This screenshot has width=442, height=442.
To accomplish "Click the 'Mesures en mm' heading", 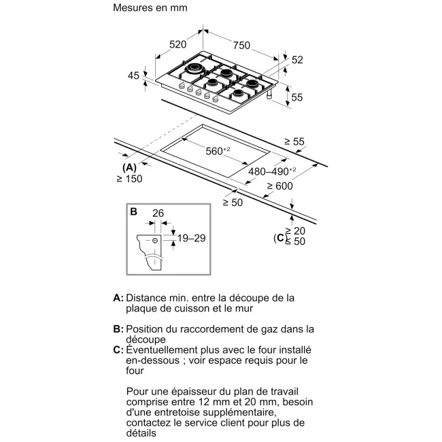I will coord(149,8).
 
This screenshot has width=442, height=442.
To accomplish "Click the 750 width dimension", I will coord(241,45).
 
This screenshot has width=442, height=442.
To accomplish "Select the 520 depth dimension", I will coord(177,45).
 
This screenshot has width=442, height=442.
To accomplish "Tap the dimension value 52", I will coord(296,60).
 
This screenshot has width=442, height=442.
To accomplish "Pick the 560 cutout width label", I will coord(217,151).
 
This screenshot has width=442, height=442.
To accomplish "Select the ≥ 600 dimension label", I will coord(279,186).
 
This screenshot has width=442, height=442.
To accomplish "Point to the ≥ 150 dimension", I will coord(129,179).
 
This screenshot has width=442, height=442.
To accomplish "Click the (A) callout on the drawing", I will coord(129,167).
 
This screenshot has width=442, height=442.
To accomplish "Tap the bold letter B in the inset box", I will coord(133,212).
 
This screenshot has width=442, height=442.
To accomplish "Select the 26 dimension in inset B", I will coord(158,214).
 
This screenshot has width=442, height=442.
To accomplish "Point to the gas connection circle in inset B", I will coord(156,240).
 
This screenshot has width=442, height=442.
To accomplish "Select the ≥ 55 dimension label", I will coord(295,141).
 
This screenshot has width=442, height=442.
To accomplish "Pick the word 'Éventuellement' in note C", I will coord(161,350).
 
